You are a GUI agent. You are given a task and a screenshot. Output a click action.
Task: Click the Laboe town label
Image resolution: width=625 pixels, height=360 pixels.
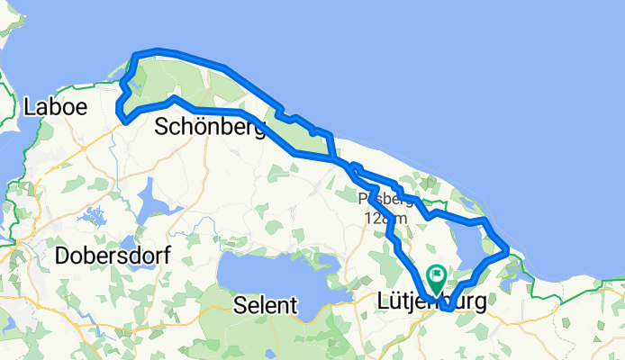point(56,106)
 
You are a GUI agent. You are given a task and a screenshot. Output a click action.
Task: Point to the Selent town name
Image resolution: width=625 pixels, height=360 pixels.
point(265,305)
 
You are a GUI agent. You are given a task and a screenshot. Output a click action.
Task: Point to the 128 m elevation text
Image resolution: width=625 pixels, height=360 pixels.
point(385,218)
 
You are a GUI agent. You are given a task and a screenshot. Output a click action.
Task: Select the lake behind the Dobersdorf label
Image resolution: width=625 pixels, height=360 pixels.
point(127,244)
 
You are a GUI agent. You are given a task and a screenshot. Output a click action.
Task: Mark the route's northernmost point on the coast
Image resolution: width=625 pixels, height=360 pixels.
point(157,50)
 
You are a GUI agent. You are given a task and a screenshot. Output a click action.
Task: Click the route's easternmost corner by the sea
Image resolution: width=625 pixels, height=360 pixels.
point(507,247)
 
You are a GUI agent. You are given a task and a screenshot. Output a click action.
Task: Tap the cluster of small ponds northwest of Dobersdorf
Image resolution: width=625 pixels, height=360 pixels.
point(90,216)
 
